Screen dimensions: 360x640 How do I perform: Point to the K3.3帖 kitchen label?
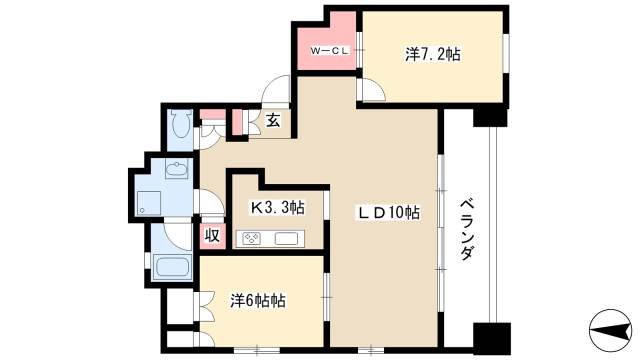tap(277, 207)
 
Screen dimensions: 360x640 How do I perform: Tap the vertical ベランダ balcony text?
tap(466, 228)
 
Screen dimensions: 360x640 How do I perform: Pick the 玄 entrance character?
tap(272, 121)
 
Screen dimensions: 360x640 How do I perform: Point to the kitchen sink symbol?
tap(283, 239)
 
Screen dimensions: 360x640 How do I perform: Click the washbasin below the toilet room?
tap(176, 169)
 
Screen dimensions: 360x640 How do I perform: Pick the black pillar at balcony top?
tap(490, 116)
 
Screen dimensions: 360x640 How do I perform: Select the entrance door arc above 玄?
tap(274, 92)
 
